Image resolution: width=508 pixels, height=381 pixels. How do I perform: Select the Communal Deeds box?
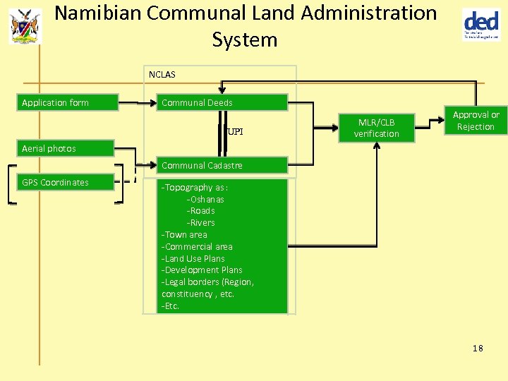pos(222,103)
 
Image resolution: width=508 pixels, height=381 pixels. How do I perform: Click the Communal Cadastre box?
pos(222,166)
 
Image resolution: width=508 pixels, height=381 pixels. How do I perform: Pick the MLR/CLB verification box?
pos(376,128)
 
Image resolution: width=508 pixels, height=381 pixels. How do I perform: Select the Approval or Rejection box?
pos(476,121)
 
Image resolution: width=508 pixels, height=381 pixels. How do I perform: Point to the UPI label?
pos(236,132)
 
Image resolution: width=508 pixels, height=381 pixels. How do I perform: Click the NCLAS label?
pos(162,74)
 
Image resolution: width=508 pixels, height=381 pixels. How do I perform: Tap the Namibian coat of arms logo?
pos(25,26)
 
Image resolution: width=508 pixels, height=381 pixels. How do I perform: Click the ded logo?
pos(481,25)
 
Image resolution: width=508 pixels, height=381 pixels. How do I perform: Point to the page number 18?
pos(478,349)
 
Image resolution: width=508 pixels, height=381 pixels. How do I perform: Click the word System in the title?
pos(245,40)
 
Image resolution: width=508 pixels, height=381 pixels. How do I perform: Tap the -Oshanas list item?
pos(205,200)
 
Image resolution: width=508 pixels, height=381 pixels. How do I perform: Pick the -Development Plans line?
pos(202,270)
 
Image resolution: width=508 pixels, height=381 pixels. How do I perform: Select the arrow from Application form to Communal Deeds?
pos(137,103)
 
